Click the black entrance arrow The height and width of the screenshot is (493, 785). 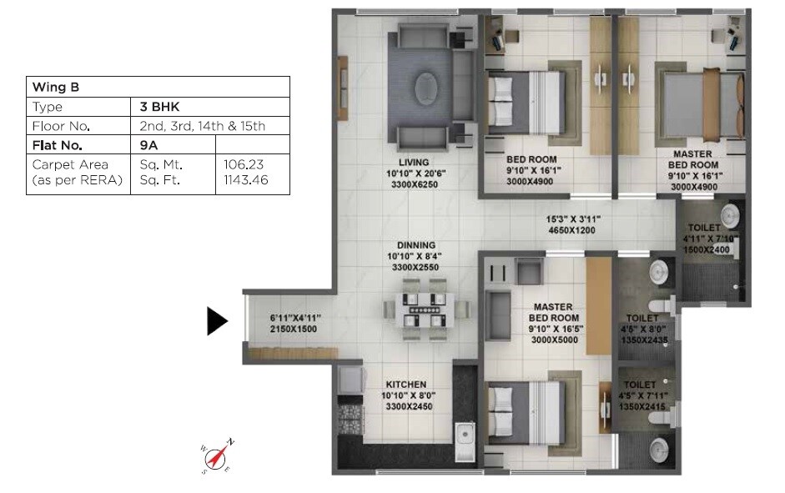click(217, 321)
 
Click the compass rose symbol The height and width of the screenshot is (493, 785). click(219, 456)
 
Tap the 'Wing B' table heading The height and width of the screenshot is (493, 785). click(55, 87)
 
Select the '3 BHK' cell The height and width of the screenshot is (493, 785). click(160, 107)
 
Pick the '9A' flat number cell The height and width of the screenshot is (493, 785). click(149, 145)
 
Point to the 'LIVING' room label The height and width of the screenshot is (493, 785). click(414, 162)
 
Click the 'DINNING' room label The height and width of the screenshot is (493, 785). click(410, 246)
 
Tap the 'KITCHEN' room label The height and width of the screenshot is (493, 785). click(406, 385)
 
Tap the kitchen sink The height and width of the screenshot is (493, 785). click(464, 435)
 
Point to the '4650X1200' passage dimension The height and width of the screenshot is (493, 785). click(573, 230)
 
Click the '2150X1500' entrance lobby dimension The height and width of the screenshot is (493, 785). click(295, 330)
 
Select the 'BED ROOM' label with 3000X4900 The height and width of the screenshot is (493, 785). click(531, 158)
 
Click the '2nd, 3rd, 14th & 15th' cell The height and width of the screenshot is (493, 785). click(203, 126)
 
